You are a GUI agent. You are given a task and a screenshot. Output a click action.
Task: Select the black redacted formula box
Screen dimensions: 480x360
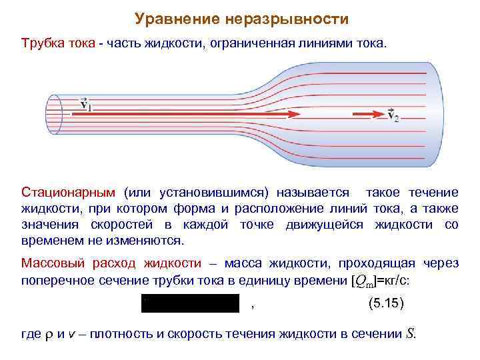190,303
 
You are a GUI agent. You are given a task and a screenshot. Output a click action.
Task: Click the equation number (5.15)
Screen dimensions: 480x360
386,303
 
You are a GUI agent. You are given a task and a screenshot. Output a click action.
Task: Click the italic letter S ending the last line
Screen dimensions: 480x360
410,333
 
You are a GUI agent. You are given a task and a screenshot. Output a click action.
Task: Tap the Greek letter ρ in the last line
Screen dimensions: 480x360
47,335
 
